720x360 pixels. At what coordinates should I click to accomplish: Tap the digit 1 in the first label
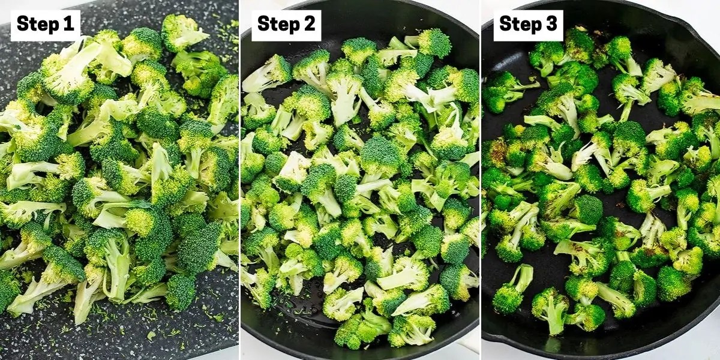pyautogui.click(x=68, y=24)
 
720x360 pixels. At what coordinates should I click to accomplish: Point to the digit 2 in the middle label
pyautogui.click(x=310, y=24)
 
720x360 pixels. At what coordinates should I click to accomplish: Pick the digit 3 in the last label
pyautogui.click(x=551, y=24)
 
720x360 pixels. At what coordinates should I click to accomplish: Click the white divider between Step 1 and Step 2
pyautogui.click(x=240, y=180)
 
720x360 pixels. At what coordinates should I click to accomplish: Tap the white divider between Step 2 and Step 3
pyautogui.click(x=480, y=180)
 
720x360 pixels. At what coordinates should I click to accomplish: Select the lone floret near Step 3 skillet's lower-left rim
pyautogui.click(x=512, y=289)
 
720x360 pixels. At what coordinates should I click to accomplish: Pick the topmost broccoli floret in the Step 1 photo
pyautogui.click(x=182, y=32)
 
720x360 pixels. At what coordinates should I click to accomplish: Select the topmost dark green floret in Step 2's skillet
pyautogui.click(x=434, y=43)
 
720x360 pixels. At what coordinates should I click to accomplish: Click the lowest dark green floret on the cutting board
pyautogui.click(x=181, y=292)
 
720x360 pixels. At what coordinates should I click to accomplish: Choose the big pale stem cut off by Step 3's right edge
pyautogui.click(x=703, y=103)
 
